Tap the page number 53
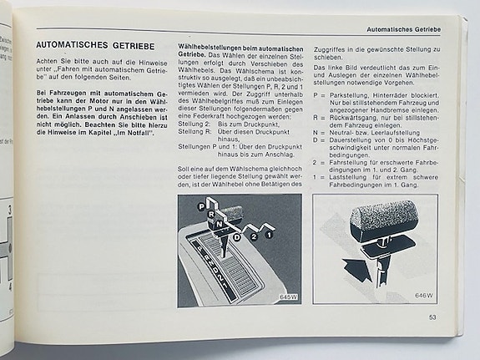coord(432,316)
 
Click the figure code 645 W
coord(289,297)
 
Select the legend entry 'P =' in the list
coord(317,95)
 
